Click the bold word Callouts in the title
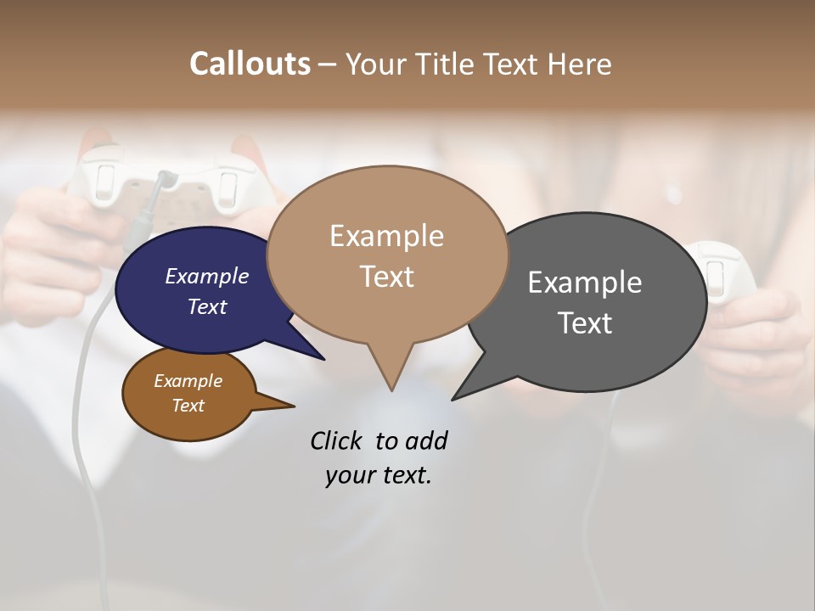point(250,64)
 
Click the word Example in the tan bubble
point(386,236)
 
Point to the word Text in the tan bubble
point(386,277)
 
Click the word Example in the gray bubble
point(585,282)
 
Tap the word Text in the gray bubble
point(585,322)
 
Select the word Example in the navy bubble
point(206,276)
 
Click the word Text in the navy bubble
point(206,306)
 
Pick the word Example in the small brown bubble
point(188,381)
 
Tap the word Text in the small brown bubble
point(188,406)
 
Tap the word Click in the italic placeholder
point(337,440)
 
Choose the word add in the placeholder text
point(426,440)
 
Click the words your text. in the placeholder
point(378,475)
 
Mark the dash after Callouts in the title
point(328,64)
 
